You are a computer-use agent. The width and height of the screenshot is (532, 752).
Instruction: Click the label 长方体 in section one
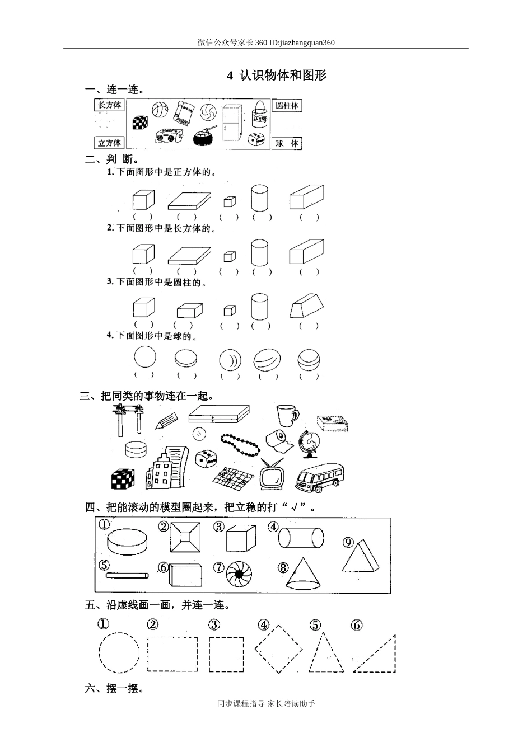point(109,105)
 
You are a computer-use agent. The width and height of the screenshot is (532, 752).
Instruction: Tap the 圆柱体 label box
point(287,105)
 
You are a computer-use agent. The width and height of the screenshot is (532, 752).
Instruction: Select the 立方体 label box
point(109,143)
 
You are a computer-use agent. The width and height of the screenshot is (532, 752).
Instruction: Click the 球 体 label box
point(287,144)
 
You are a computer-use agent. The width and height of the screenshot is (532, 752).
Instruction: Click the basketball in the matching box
point(160,110)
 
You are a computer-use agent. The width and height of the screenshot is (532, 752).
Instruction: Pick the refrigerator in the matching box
point(231,123)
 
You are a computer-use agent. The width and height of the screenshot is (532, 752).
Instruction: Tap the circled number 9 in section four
point(348,542)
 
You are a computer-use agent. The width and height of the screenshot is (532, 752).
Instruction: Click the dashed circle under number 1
point(119,652)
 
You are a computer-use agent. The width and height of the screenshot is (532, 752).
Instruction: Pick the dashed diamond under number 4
point(278,649)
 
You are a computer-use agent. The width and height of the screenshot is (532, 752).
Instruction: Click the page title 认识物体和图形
point(283,75)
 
